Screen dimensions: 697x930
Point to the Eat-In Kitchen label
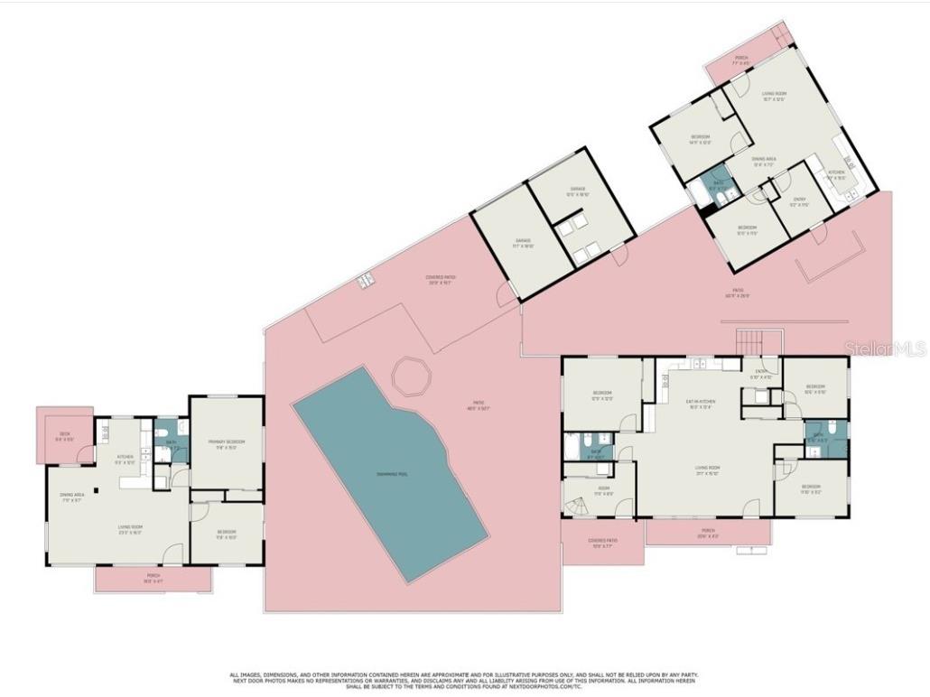699,404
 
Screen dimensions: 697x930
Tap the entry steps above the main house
750,342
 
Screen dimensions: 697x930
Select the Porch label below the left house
153,578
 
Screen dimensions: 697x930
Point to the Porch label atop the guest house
740,60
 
